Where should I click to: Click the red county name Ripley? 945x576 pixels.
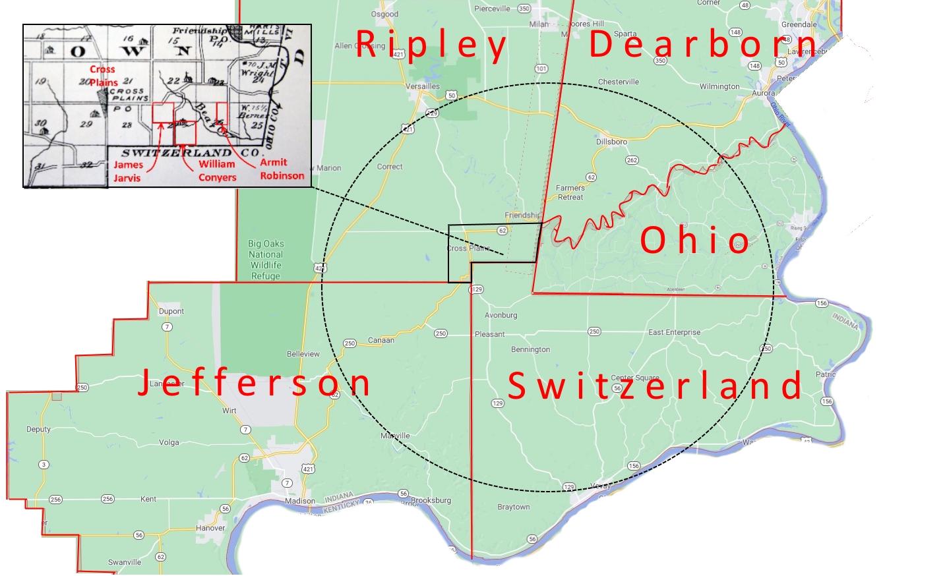point(431,45)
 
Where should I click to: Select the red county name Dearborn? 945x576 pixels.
point(703,45)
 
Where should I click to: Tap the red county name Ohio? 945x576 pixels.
point(695,240)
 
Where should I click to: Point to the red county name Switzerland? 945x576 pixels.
point(655,386)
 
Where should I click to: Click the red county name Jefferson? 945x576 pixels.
point(254,383)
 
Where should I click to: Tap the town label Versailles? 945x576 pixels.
point(423,86)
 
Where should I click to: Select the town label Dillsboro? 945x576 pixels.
point(611,142)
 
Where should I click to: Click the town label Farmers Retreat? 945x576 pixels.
point(570,192)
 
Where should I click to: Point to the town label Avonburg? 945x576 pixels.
point(501,315)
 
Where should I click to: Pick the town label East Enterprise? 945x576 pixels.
point(674,332)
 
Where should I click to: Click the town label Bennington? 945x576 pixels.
point(530,349)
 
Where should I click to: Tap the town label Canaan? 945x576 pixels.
point(381,340)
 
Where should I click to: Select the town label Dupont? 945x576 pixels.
point(171,311)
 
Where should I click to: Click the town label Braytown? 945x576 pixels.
point(514,507)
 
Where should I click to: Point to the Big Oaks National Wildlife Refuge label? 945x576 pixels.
point(266,260)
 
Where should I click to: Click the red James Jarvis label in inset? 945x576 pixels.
point(127,171)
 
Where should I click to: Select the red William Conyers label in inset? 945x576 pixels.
point(217,171)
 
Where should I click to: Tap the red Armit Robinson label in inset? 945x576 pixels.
point(282,169)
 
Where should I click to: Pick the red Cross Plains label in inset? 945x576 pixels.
point(103,76)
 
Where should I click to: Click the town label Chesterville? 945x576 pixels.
point(619,82)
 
